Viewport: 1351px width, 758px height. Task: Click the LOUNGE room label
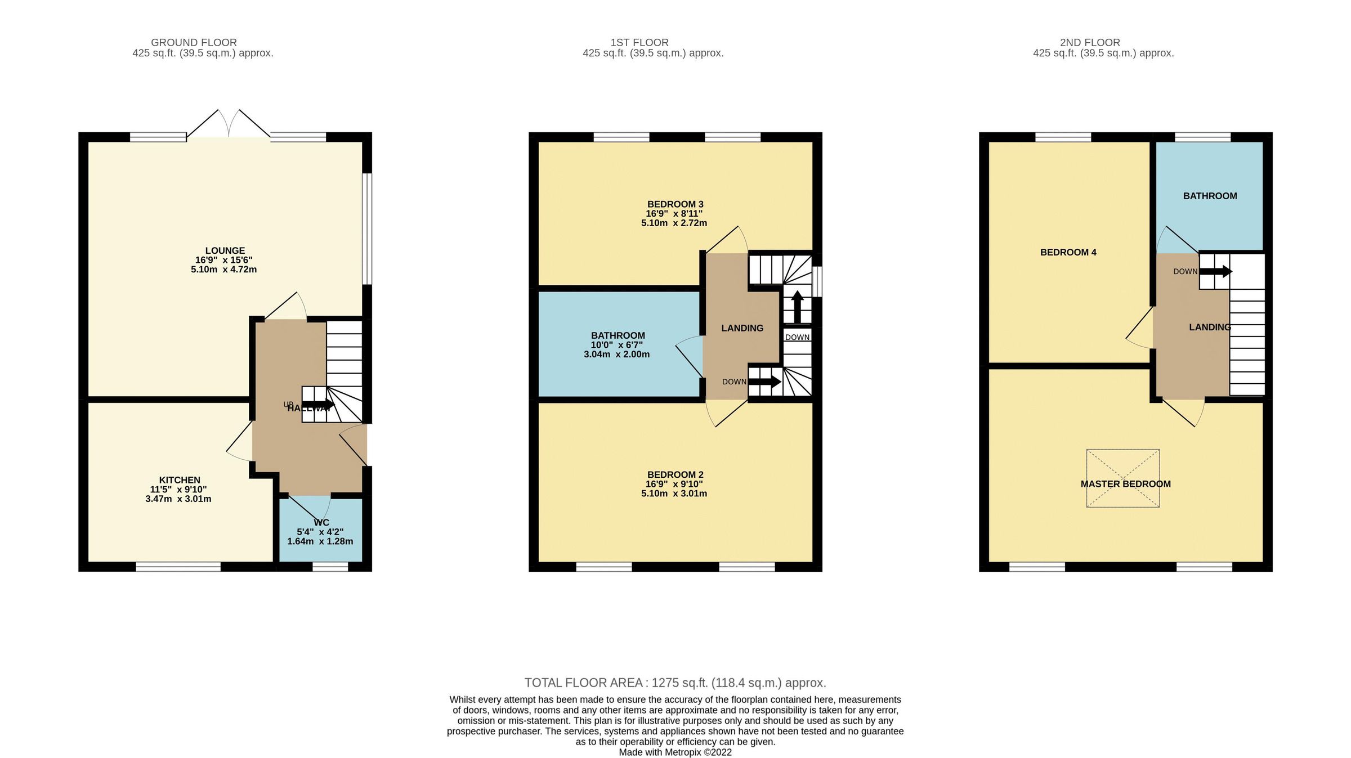(x=225, y=251)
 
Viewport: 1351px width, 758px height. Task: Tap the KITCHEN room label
(x=180, y=480)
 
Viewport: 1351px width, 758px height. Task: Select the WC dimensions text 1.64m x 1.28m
(x=320, y=541)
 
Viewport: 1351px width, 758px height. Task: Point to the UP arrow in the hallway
(x=318, y=404)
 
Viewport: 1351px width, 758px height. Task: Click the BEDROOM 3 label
(x=675, y=204)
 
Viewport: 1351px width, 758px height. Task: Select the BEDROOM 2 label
(x=675, y=474)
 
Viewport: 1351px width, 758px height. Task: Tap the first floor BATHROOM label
(x=618, y=335)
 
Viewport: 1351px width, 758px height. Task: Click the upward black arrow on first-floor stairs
(x=797, y=307)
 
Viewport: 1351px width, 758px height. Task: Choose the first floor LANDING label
(x=742, y=328)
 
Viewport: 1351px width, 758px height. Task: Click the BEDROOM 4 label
(x=1068, y=252)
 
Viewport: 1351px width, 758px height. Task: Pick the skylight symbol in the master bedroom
(x=1122, y=478)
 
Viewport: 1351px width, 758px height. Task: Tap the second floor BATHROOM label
(x=1210, y=196)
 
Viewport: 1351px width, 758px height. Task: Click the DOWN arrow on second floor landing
(x=1216, y=272)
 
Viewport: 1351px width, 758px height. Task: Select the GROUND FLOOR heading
(x=194, y=42)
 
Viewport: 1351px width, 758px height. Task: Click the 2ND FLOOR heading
(x=1090, y=42)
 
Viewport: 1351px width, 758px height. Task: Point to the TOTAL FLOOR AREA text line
(x=675, y=683)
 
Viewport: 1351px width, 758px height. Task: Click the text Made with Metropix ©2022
(x=675, y=752)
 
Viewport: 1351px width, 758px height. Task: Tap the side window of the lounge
(x=367, y=228)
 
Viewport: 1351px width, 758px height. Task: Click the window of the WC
(x=330, y=567)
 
